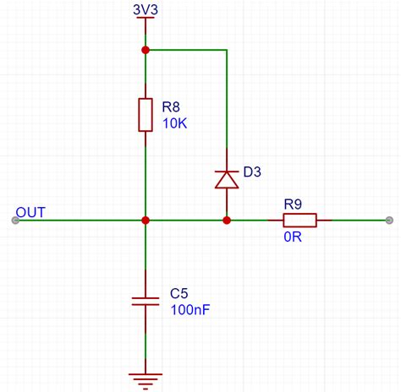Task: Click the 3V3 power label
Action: [146, 9]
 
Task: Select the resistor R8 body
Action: [146, 115]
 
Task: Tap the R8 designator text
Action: [171, 107]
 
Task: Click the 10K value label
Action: [175, 123]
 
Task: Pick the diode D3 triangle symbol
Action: [227, 179]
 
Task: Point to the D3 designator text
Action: [252, 171]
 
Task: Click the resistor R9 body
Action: [299, 220]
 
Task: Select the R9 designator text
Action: [293, 204]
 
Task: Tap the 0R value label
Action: [293, 237]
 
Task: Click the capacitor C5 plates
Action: [146, 302]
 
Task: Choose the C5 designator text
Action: [179, 293]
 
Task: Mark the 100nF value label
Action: [190, 310]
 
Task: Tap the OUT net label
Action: [30, 212]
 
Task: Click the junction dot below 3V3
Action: [146, 50]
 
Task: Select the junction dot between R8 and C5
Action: [146, 220]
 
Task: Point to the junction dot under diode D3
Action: [227, 220]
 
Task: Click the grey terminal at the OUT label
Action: [15, 220]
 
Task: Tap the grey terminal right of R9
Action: [389, 220]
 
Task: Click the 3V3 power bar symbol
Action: [146, 18]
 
